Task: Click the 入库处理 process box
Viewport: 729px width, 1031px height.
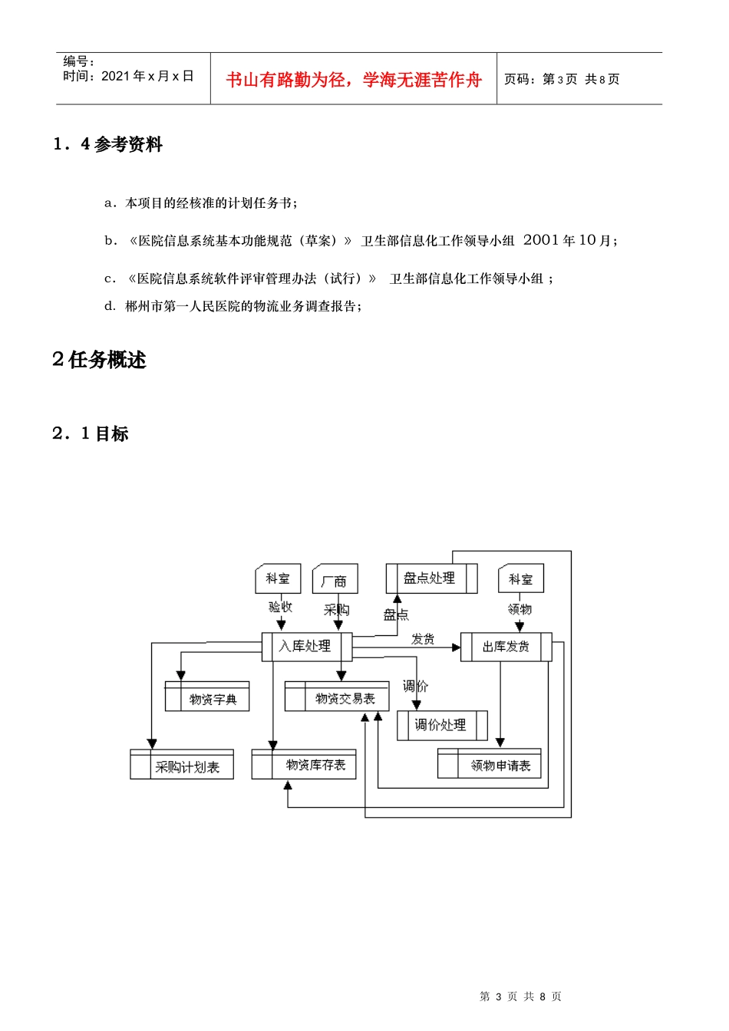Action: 307,647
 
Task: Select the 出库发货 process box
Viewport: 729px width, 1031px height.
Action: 506,647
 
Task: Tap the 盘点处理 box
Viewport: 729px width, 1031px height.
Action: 430,578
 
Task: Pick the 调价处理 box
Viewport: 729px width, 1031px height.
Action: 441,725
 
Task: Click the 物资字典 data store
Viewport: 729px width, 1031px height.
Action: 207,697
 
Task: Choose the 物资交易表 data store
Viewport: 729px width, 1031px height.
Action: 337,697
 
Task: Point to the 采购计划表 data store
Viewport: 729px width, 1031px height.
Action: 182,765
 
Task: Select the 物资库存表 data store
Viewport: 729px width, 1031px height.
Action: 304,764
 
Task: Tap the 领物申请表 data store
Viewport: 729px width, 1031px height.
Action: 490,764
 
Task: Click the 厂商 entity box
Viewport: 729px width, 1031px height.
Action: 335,580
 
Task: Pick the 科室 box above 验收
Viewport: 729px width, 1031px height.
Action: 278,578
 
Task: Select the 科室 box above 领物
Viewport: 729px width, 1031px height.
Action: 521,578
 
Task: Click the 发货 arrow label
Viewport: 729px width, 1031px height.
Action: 423,638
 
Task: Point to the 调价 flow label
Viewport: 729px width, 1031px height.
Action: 416,686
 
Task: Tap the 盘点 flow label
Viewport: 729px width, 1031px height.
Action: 396,614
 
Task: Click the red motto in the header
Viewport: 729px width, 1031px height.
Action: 354,79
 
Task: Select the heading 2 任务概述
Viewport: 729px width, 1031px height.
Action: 99,360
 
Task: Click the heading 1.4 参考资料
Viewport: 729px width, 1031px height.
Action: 107,144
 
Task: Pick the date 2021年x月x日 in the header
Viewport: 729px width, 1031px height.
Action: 147,76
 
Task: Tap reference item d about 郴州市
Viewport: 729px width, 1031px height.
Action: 233,306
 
